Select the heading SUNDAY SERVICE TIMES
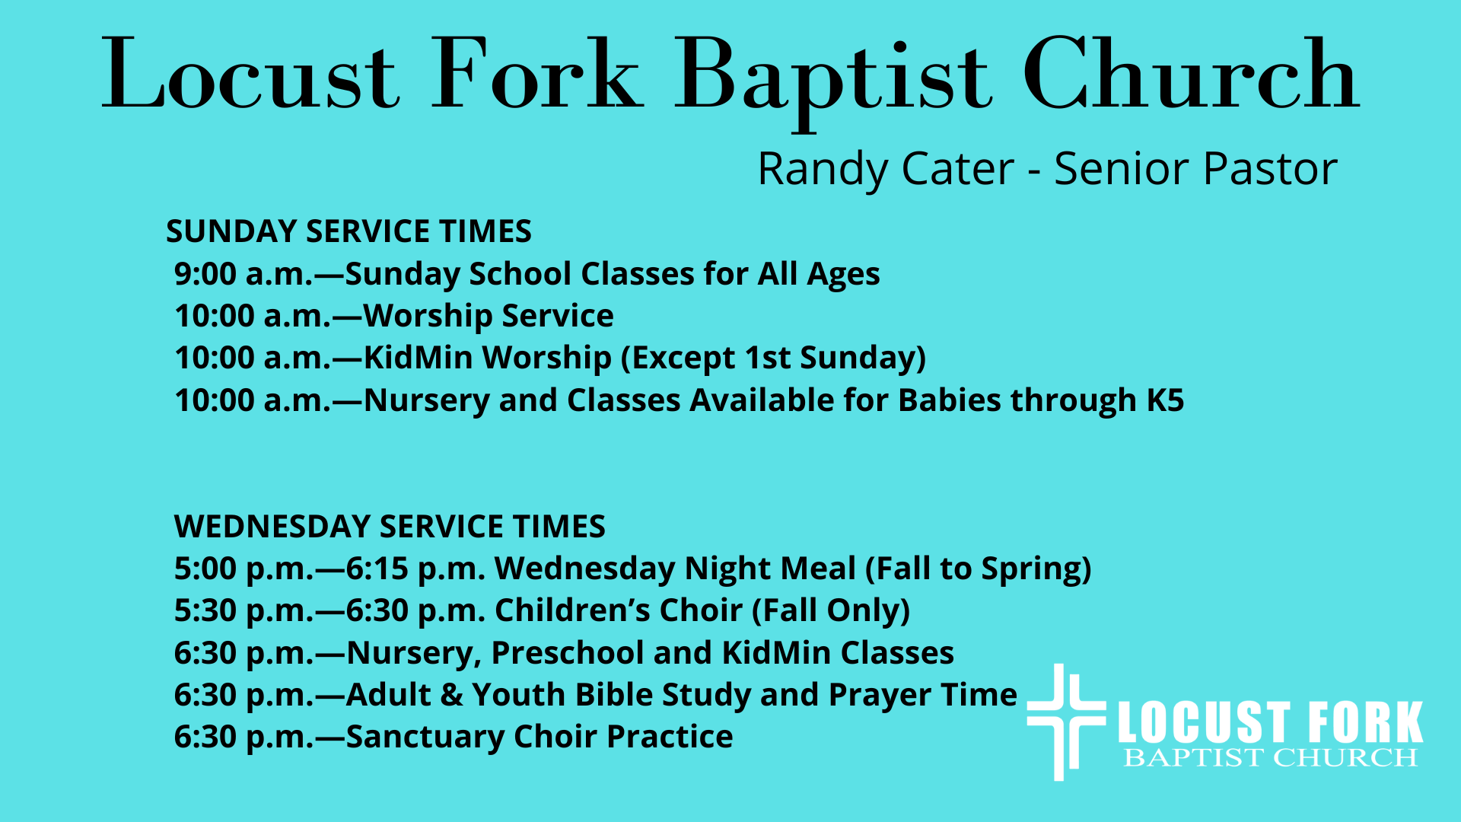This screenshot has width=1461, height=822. [349, 231]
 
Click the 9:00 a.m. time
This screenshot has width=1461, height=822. [243, 274]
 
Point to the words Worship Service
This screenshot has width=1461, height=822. [489, 317]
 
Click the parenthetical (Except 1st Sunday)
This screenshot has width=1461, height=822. [773, 358]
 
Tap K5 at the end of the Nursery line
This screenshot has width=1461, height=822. [1165, 400]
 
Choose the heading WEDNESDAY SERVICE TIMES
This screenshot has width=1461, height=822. [390, 527]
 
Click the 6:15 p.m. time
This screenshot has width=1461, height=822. [415, 569]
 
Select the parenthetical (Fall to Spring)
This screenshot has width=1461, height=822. [979, 569]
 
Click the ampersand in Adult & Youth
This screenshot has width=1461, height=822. [452, 696]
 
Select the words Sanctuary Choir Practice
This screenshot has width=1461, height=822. [540, 738]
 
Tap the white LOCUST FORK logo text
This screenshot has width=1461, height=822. [1270, 723]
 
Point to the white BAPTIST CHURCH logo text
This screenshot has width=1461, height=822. [1271, 758]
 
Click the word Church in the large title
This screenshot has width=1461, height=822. [1191, 75]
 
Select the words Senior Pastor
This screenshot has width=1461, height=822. [1195, 169]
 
